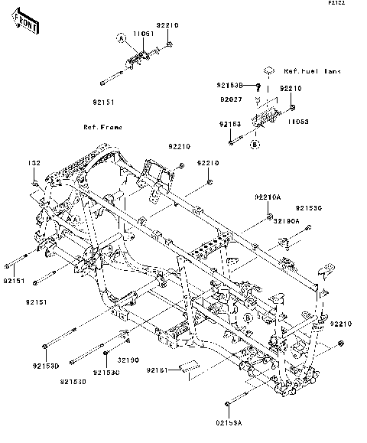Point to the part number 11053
pos(299,121)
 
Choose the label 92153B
pos(234,85)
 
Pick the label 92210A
pos(268,197)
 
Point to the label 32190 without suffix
pos(127,360)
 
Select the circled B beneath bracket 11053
pos(255,144)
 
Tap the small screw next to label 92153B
pos(259,85)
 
